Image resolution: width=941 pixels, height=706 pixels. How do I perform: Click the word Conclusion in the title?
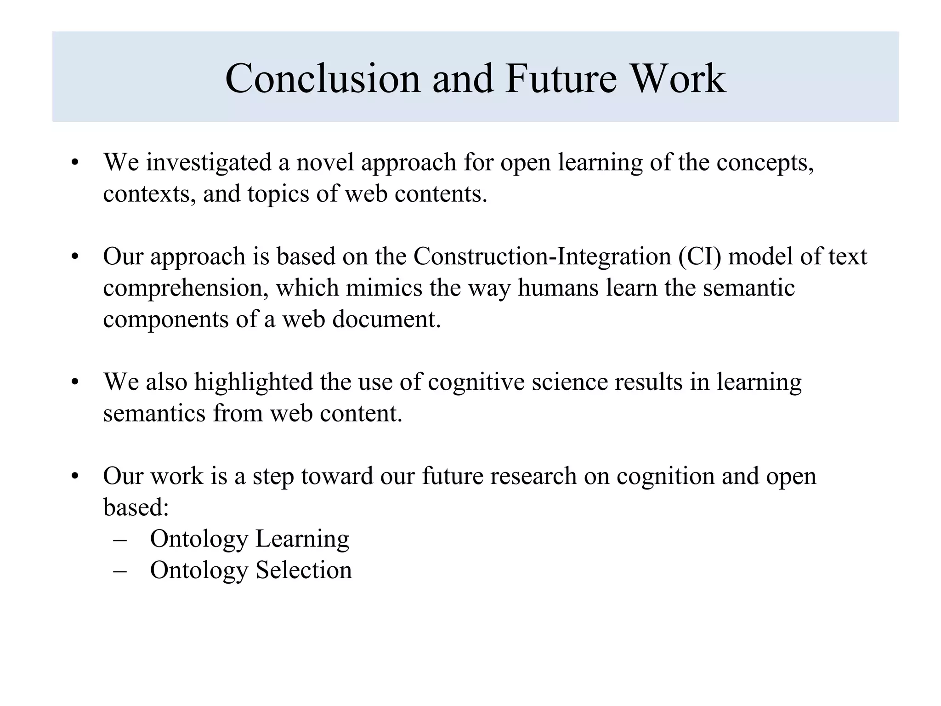323,79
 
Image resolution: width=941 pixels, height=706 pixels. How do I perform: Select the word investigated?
209,163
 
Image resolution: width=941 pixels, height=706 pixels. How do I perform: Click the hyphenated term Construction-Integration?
542,256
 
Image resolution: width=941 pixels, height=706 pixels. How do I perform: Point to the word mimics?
384,288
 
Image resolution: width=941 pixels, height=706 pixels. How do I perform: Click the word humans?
558,288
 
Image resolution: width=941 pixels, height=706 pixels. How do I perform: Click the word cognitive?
476,382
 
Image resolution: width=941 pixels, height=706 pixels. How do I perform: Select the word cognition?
665,476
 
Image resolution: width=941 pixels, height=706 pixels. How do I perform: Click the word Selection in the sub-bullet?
304,570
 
